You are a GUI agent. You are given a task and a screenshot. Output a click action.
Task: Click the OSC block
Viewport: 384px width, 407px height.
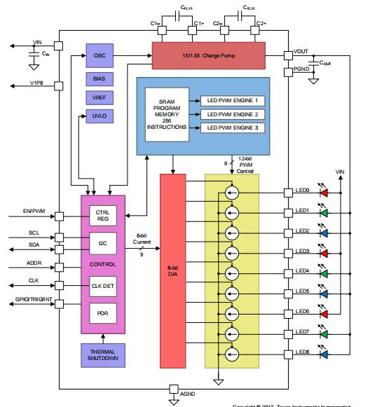click(x=99, y=55)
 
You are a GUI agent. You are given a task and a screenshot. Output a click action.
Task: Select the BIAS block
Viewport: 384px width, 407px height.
click(x=99, y=78)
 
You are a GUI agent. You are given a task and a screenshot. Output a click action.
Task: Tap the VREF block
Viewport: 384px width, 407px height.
click(x=99, y=97)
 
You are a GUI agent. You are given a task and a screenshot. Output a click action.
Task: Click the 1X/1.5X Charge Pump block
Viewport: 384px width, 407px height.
click(x=208, y=55)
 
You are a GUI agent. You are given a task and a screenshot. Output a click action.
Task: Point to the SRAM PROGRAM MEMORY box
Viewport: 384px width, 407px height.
click(x=167, y=114)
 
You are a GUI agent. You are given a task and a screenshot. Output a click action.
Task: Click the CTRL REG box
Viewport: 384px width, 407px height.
click(x=102, y=214)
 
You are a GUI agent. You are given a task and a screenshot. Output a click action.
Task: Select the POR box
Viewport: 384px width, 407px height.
click(x=102, y=312)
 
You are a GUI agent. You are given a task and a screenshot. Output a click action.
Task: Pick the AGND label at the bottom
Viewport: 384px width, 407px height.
click(x=188, y=395)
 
